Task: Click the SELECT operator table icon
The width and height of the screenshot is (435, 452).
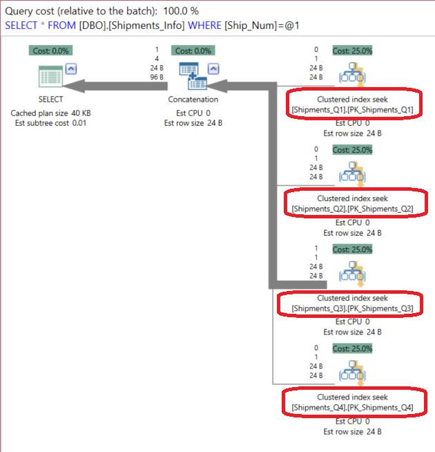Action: coord(50,77)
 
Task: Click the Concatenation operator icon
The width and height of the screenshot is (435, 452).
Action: coord(193,76)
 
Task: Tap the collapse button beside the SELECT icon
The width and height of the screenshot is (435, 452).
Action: coord(71,69)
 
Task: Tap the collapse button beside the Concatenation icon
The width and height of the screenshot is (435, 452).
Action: coord(213,69)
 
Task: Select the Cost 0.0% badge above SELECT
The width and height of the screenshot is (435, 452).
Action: coord(50,50)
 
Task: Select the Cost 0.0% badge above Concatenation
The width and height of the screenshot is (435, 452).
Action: coord(193,50)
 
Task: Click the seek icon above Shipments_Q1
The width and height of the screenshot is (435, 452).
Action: coord(353,75)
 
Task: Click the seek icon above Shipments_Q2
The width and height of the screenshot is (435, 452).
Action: coord(353,174)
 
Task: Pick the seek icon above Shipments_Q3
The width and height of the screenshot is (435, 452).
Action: coord(353,274)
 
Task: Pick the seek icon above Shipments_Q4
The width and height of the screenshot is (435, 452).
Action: coord(353,373)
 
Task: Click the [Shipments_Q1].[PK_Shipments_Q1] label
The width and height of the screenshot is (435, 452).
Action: coord(352,110)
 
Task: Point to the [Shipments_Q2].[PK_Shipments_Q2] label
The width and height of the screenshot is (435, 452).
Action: coord(352,209)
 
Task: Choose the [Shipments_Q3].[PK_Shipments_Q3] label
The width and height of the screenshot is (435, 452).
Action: coord(352,308)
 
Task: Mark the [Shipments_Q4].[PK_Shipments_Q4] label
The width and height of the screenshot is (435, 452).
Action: coord(352,408)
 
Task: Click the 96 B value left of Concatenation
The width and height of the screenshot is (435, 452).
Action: coord(157,77)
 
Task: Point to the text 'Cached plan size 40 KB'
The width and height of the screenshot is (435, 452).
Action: coord(50,113)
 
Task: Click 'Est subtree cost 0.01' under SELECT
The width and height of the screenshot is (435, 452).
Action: coord(50,123)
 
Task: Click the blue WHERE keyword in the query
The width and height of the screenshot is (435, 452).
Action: coord(204,26)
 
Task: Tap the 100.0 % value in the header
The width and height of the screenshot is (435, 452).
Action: coord(181,11)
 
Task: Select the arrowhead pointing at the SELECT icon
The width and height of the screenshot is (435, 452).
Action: coord(74,86)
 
